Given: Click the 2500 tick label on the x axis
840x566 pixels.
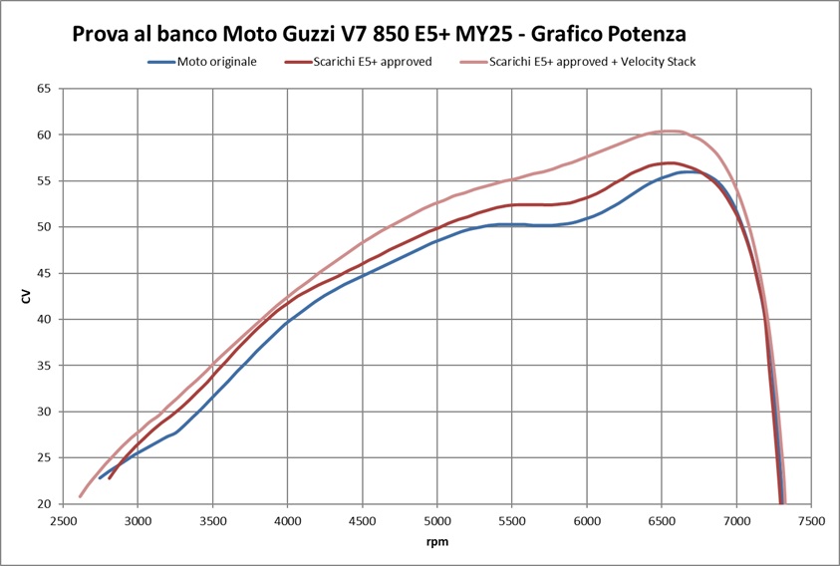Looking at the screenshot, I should tap(64, 521).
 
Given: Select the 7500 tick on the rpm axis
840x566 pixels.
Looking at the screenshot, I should tap(812, 521).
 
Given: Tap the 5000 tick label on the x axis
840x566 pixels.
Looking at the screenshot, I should tap(437, 521).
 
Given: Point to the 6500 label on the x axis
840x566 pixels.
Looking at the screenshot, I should tap(662, 521).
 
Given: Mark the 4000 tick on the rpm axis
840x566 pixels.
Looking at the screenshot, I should tap(288, 521).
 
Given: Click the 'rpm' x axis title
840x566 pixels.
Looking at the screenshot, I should tap(436, 544).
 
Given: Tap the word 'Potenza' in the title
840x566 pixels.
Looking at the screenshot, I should tap(647, 33).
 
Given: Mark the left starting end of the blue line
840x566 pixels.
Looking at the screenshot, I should tap(100, 478).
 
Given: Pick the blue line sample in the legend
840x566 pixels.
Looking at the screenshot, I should tap(161, 61).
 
